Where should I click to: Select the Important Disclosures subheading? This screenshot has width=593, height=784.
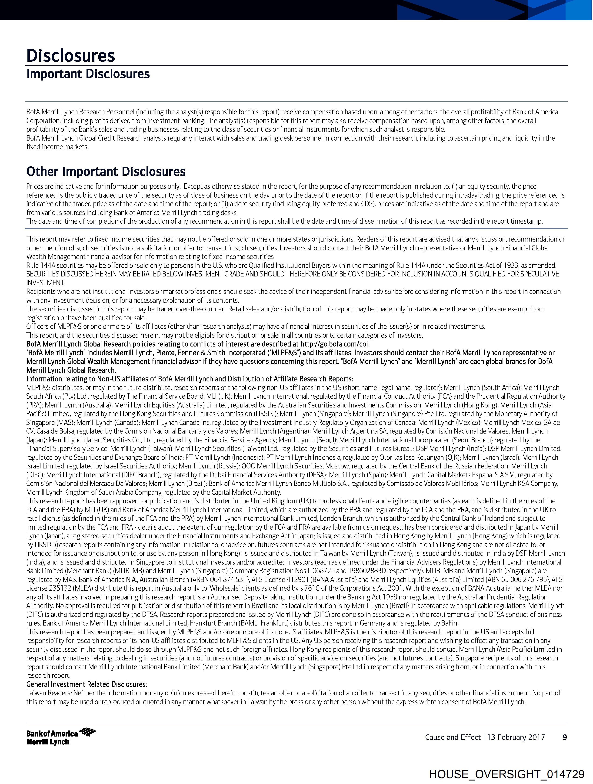(88, 74)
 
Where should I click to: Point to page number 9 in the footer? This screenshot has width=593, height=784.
(565, 737)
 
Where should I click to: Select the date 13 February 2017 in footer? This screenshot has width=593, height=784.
(516, 737)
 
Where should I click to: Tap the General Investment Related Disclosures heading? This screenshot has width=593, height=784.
(87, 684)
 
